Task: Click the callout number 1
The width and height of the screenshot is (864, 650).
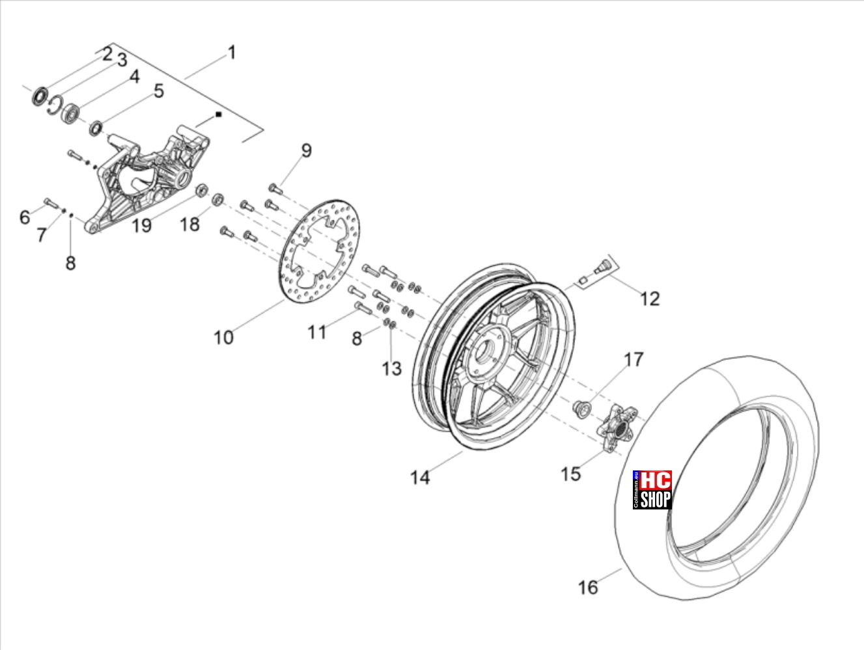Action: pyautogui.click(x=232, y=52)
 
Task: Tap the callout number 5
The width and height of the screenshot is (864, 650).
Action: pyautogui.click(x=159, y=91)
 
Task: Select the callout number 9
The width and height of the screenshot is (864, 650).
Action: pyautogui.click(x=307, y=150)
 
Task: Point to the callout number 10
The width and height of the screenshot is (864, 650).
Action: pyautogui.click(x=223, y=338)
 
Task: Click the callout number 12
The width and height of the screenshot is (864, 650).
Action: pyautogui.click(x=650, y=299)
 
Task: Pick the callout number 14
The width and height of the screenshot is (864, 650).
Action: pyautogui.click(x=420, y=478)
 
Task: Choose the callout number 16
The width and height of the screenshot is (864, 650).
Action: pyautogui.click(x=588, y=588)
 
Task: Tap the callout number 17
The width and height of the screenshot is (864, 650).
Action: pyautogui.click(x=634, y=359)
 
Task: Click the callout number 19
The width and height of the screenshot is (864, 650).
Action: pyautogui.click(x=141, y=226)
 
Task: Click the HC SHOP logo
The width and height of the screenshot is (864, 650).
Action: pyautogui.click(x=652, y=490)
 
